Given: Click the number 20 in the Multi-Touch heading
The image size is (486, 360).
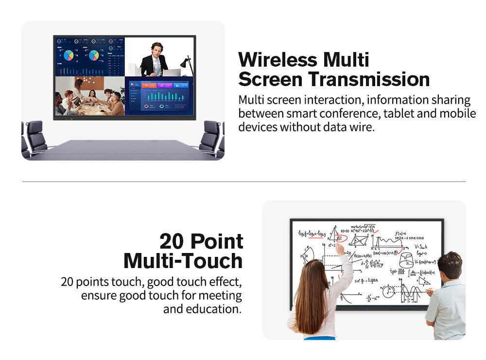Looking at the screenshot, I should pos(174,241).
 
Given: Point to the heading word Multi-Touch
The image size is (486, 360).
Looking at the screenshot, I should pos(183,261).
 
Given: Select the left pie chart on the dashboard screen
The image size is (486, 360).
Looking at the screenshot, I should pos(69,55).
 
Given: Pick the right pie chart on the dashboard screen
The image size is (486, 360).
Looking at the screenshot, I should pos(94,55).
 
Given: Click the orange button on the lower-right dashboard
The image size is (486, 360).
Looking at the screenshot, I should pos(149,86).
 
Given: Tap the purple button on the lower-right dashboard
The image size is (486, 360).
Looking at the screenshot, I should pos(166,86).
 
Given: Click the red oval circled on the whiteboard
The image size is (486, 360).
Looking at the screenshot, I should pos(341,238).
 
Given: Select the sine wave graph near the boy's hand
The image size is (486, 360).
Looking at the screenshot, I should pos(412,293).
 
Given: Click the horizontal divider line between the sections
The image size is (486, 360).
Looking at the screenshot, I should pos(243,181).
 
